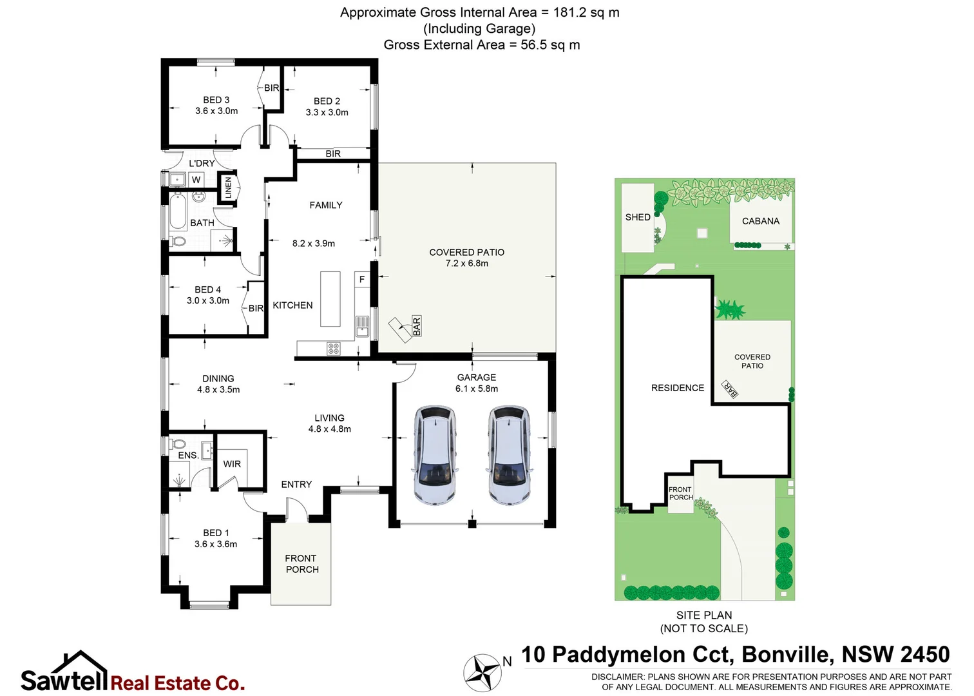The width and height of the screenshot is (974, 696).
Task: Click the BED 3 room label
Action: click(x=216, y=100)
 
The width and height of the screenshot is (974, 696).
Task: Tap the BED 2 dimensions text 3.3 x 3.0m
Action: click(x=327, y=112)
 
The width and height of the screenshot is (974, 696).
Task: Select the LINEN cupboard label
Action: click(x=228, y=188)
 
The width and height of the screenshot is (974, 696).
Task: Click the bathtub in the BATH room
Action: click(x=178, y=212)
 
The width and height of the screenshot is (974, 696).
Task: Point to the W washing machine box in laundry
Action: click(x=196, y=180)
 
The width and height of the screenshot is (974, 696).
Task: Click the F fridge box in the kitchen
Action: click(x=362, y=280)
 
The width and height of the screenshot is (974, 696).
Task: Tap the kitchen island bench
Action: click(x=330, y=299)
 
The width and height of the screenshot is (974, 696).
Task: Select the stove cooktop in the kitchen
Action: click(x=334, y=349)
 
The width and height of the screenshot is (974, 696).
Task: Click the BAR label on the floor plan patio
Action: click(x=417, y=326)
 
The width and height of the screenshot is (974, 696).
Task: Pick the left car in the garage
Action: click(x=435, y=455)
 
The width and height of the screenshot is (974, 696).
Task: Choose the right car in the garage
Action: click(x=509, y=455)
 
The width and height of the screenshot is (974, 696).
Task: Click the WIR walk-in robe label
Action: click(x=232, y=464)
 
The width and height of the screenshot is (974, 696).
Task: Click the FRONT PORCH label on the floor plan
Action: click(x=301, y=564)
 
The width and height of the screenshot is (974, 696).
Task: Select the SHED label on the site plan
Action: click(x=638, y=217)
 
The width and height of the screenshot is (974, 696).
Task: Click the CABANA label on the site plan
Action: click(x=761, y=221)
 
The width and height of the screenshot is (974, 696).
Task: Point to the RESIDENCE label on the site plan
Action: click(x=678, y=388)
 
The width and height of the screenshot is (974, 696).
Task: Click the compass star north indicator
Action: click(x=482, y=673)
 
